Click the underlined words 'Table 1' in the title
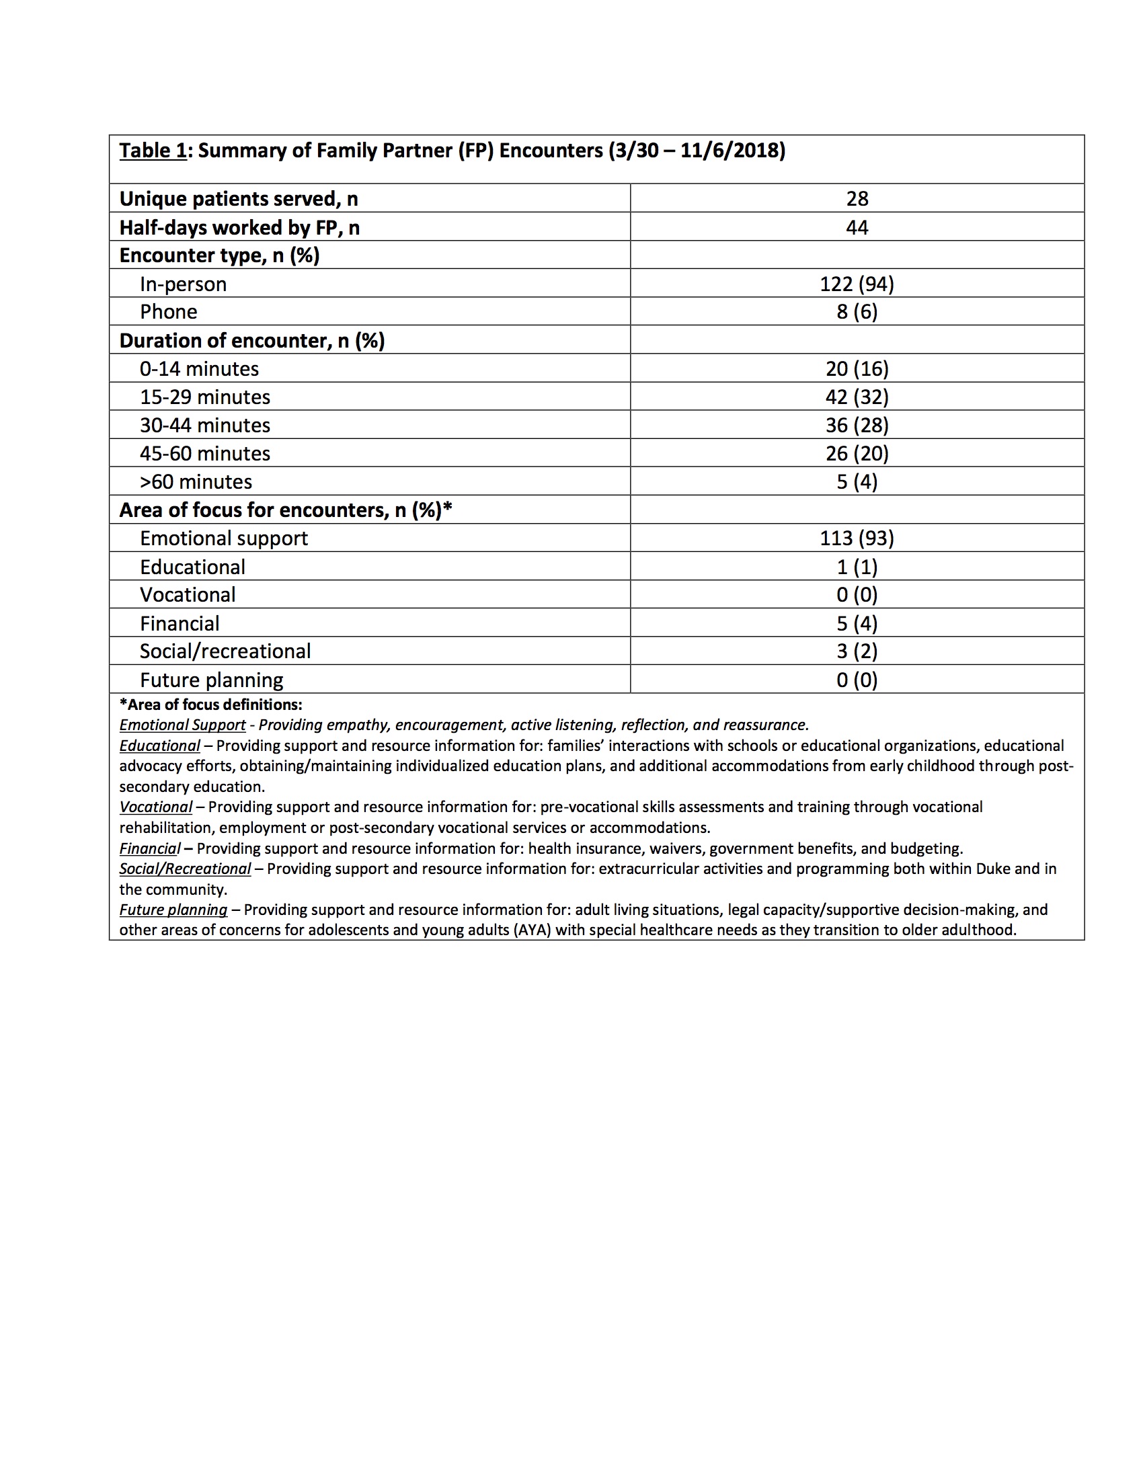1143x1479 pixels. tap(153, 151)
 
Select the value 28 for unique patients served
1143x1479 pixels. tap(857, 198)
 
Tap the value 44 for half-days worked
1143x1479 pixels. tap(857, 227)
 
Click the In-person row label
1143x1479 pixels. tap(183, 284)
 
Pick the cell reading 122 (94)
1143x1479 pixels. tap(857, 284)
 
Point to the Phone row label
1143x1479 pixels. tap(169, 311)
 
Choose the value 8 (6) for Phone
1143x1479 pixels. tap(857, 311)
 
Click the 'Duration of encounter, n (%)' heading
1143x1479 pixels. tap(252, 340)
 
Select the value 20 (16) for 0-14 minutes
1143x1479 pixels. tap(857, 368)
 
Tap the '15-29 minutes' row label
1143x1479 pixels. tap(204, 397)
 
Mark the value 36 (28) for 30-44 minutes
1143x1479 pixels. tap(857, 426)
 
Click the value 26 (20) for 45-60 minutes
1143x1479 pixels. tap(857, 453)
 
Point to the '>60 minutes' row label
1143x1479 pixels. tap(196, 481)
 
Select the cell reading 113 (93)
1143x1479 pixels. tap(857, 538)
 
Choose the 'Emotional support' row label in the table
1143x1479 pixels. tap(223, 538)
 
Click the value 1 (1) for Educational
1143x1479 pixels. tap(857, 567)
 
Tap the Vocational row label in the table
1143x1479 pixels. tap(188, 594)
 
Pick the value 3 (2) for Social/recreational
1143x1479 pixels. tap(857, 651)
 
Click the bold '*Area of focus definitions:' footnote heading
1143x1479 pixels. tap(210, 705)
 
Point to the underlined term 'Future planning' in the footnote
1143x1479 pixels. tap(173, 910)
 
